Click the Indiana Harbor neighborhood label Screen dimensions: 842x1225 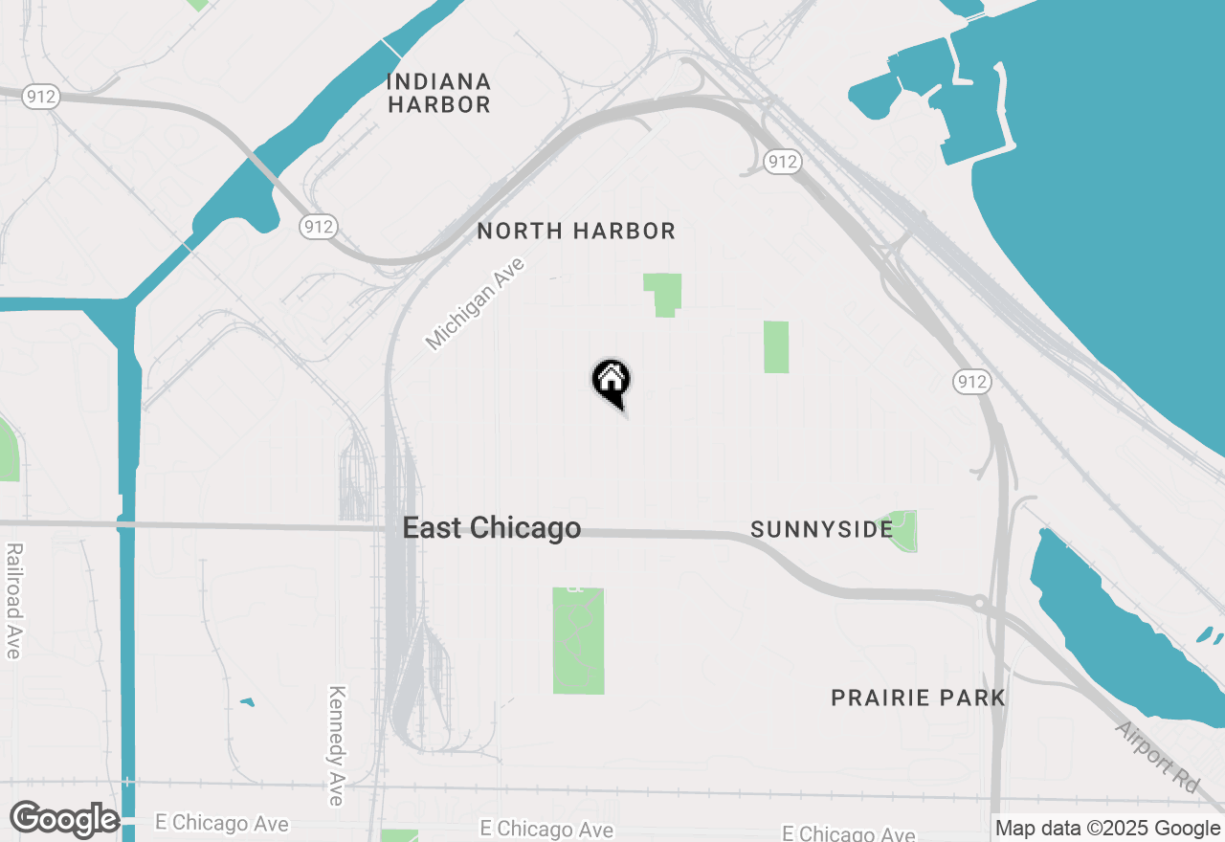438,93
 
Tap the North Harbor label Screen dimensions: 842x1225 576,231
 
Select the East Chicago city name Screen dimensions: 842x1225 491,528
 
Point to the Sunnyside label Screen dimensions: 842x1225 821,529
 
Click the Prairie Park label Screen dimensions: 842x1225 918,698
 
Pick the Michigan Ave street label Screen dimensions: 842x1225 476,303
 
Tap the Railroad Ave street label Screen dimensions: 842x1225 13,601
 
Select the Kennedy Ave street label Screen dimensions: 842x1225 336,745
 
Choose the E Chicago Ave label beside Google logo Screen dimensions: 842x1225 221,823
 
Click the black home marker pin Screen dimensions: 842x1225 611,382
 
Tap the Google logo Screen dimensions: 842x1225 63,819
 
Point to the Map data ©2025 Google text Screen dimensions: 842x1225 1108,829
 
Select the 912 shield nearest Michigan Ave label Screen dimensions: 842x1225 317,227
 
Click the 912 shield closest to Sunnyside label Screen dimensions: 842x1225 970,382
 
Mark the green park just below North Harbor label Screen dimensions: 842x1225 663,293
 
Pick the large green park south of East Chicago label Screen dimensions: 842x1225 578,641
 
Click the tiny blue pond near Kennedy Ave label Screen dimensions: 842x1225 247,702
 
